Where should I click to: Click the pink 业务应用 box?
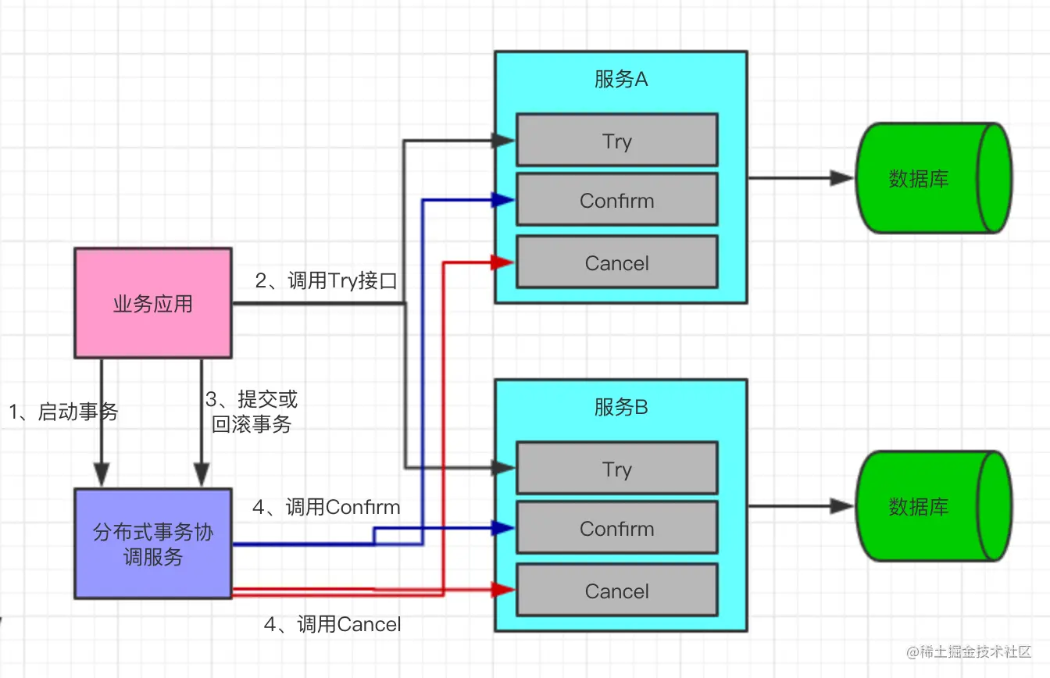click(153, 303)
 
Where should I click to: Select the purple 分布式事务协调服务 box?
click(153, 544)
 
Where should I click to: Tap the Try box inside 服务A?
click(617, 140)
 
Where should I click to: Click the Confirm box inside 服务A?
click(617, 200)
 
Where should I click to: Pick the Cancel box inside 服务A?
click(617, 262)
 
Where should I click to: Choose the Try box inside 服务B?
click(617, 468)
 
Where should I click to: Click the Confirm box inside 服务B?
click(617, 527)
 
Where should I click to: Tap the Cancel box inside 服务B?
click(617, 590)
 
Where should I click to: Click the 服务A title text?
click(621, 79)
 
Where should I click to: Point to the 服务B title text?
click(621, 407)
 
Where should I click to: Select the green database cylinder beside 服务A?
click(934, 178)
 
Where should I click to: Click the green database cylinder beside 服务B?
click(934, 506)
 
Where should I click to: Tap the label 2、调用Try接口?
click(327, 280)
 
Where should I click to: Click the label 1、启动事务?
click(63, 412)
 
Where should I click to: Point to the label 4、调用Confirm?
click(327, 507)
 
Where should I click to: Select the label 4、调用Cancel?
click(332, 624)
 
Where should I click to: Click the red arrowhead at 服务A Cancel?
click(503, 262)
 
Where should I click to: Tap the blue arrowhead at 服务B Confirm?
click(503, 528)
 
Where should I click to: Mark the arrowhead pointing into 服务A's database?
click(842, 178)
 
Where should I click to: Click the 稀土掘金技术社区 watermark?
click(969, 651)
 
